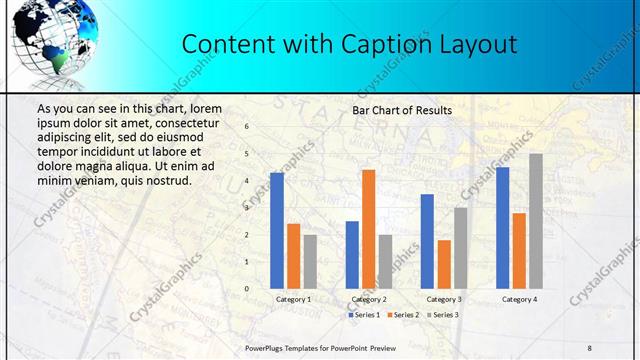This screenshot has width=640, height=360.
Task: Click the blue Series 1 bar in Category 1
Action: pyautogui.click(x=277, y=230)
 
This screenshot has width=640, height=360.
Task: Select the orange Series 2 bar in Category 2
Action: pyautogui.click(x=369, y=228)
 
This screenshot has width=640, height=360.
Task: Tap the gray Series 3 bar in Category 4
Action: pyautogui.click(x=536, y=220)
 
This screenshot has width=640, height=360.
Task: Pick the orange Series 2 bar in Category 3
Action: pyautogui.click(x=444, y=263)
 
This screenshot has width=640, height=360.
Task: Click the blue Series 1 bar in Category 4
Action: pyautogui.click(x=503, y=227)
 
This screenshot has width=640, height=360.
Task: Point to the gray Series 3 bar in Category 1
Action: pyautogui.click(x=310, y=261)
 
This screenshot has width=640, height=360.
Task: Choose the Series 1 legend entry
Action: pyautogui.click(x=364, y=315)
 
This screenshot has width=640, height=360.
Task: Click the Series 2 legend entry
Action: pyautogui.click(x=404, y=315)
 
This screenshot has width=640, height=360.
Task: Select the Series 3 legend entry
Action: pyautogui.click(x=444, y=315)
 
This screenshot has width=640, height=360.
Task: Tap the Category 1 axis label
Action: pyautogui.click(x=293, y=299)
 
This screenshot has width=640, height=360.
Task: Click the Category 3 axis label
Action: pyautogui.click(x=444, y=299)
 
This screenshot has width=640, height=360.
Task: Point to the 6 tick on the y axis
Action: pyautogui.click(x=246, y=127)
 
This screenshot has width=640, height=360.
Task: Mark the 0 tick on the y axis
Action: pyautogui.click(x=246, y=288)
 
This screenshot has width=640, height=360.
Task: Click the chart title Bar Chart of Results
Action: pyautogui.click(x=402, y=110)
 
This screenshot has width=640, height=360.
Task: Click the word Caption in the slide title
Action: pyautogui.click(x=393, y=45)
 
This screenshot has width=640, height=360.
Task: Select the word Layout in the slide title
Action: pyautogui.click(x=480, y=45)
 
